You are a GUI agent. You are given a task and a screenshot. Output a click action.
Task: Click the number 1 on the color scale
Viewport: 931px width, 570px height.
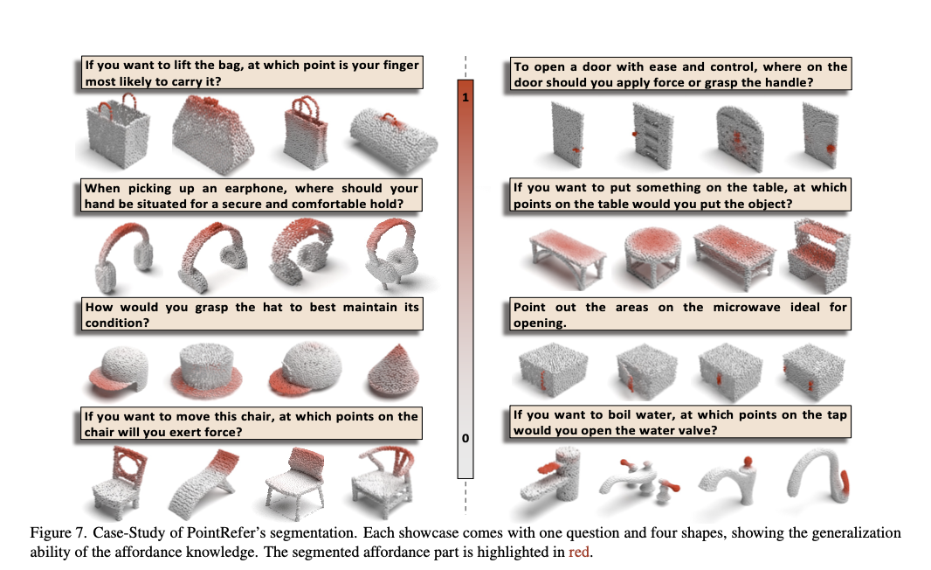click(x=465, y=97)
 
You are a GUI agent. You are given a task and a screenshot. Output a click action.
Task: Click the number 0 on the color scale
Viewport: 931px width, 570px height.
click(x=465, y=438)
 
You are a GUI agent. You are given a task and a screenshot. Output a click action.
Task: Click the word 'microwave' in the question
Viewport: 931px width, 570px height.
click(x=747, y=307)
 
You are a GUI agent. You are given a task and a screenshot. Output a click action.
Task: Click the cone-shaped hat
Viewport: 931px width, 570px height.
click(x=393, y=372)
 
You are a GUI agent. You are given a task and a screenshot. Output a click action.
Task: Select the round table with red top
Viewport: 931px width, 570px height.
click(x=652, y=256)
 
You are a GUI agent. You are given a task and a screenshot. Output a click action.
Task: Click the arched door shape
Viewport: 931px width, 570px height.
click(x=738, y=139)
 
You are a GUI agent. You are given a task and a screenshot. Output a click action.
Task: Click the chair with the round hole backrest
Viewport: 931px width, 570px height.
click(x=121, y=482)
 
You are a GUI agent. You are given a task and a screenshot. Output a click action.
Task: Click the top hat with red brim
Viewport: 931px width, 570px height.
click(x=206, y=371)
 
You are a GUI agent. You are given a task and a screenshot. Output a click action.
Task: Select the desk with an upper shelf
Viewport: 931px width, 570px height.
click(x=818, y=254)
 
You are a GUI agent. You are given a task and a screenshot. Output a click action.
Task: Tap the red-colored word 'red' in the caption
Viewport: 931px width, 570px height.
click(x=579, y=553)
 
